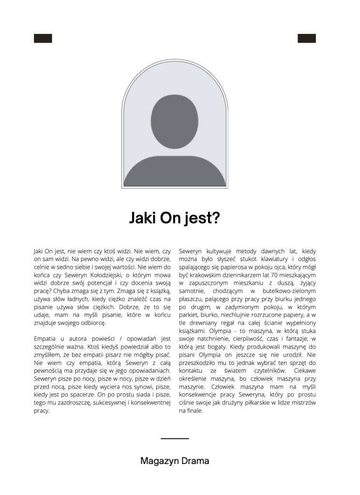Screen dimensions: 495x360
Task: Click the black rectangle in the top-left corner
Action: click(x=43, y=39)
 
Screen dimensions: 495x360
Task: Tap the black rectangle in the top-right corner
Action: click(x=307, y=39)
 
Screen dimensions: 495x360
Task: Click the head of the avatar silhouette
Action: click(x=175, y=122)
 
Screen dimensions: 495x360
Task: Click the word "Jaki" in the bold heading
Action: click(x=141, y=218)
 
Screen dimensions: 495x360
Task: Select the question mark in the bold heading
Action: click(x=216, y=218)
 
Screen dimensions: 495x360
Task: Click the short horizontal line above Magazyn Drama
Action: click(x=175, y=438)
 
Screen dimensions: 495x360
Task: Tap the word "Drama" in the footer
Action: click(x=195, y=461)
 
